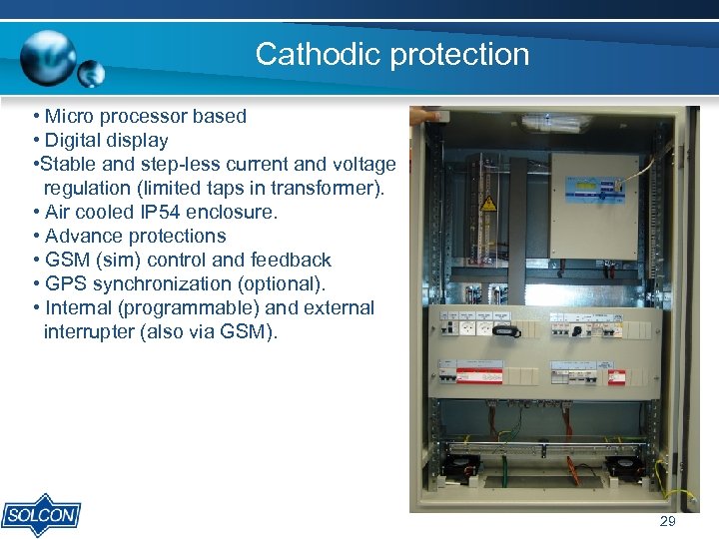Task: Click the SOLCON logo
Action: (40, 514)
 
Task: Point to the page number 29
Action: (667, 522)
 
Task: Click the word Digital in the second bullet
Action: (79, 141)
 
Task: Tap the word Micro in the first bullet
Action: (71, 117)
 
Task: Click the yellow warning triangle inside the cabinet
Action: (489, 204)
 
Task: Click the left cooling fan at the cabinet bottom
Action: (461, 466)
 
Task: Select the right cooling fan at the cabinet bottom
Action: (623, 467)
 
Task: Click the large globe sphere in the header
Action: (47, 53)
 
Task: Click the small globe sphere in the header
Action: (91, 73)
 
